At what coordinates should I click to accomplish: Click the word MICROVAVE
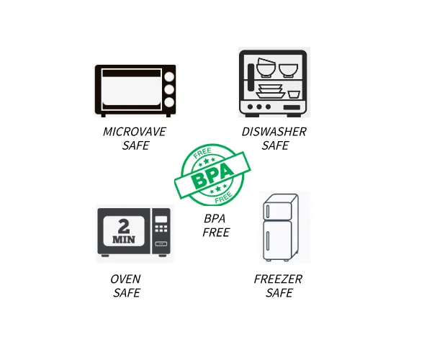(x=135, y=132)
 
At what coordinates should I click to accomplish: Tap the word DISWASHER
(x=274, y=132)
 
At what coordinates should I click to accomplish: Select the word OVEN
(x=125, y=279)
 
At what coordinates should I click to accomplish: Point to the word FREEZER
(x=278, y=279)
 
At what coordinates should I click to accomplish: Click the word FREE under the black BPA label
(x=215, y=232)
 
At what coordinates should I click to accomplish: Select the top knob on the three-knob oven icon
(x=168, y=77)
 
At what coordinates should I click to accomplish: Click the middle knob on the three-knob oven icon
(x=168, y=90)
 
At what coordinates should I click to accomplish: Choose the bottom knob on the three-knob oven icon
(x=168, y=103)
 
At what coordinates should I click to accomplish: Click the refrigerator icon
(x=277, y=228)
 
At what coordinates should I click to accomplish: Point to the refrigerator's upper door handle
(x=267, y=210)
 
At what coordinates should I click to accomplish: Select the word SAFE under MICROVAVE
(x=135, y=145)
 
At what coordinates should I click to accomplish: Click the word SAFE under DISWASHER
(x=275, y=145)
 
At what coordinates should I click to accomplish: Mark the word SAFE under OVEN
(x=126, y=293)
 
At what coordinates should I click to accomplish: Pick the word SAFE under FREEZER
(x=279, y=293)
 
